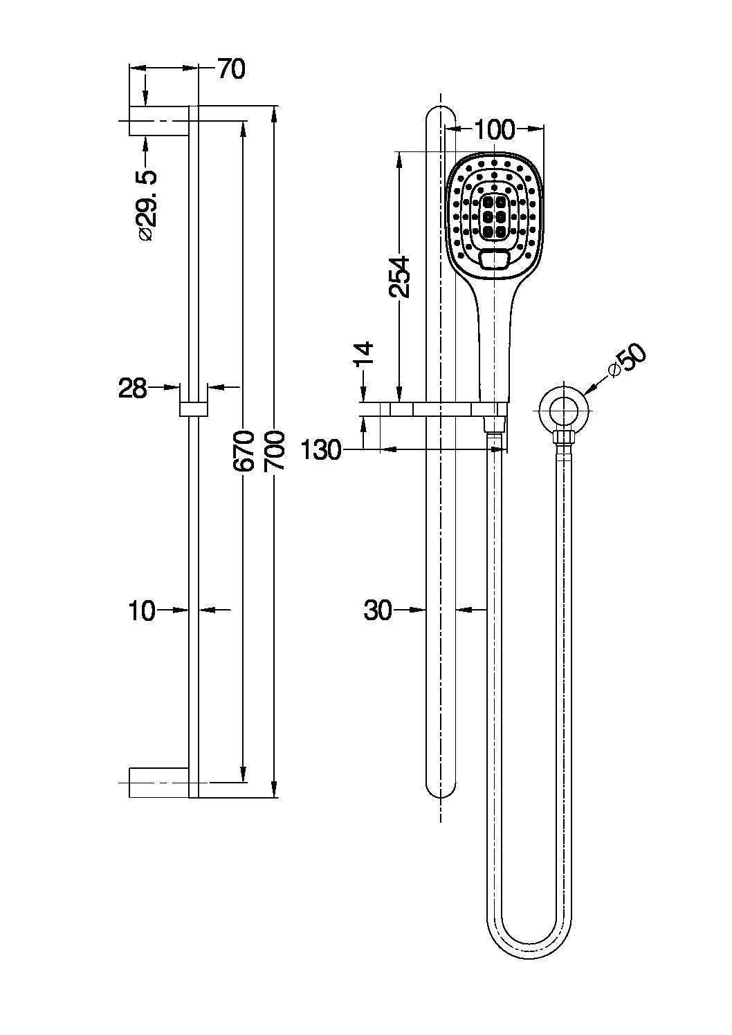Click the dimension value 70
(x=231, y=69)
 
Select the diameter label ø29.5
(x=147, y=205)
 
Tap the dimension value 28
(x=133, y=389)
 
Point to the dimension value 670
(x=244, y=451)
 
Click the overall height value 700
(x=275, y=451)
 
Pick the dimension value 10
(x=142, y=610)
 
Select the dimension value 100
(x=495, y=129)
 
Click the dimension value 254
(x=399, y=277)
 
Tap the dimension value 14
(x=365, y=353)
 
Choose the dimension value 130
(x=322, y=451)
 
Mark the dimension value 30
(x=378, y=610)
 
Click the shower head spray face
(x=494, y=211)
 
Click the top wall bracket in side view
(x=159, y=122)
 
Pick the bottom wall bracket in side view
(x=159, y=782)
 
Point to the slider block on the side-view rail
(x=194, y=408)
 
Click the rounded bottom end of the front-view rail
(x=441, y=788)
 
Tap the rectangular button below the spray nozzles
(x=494, y=261)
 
